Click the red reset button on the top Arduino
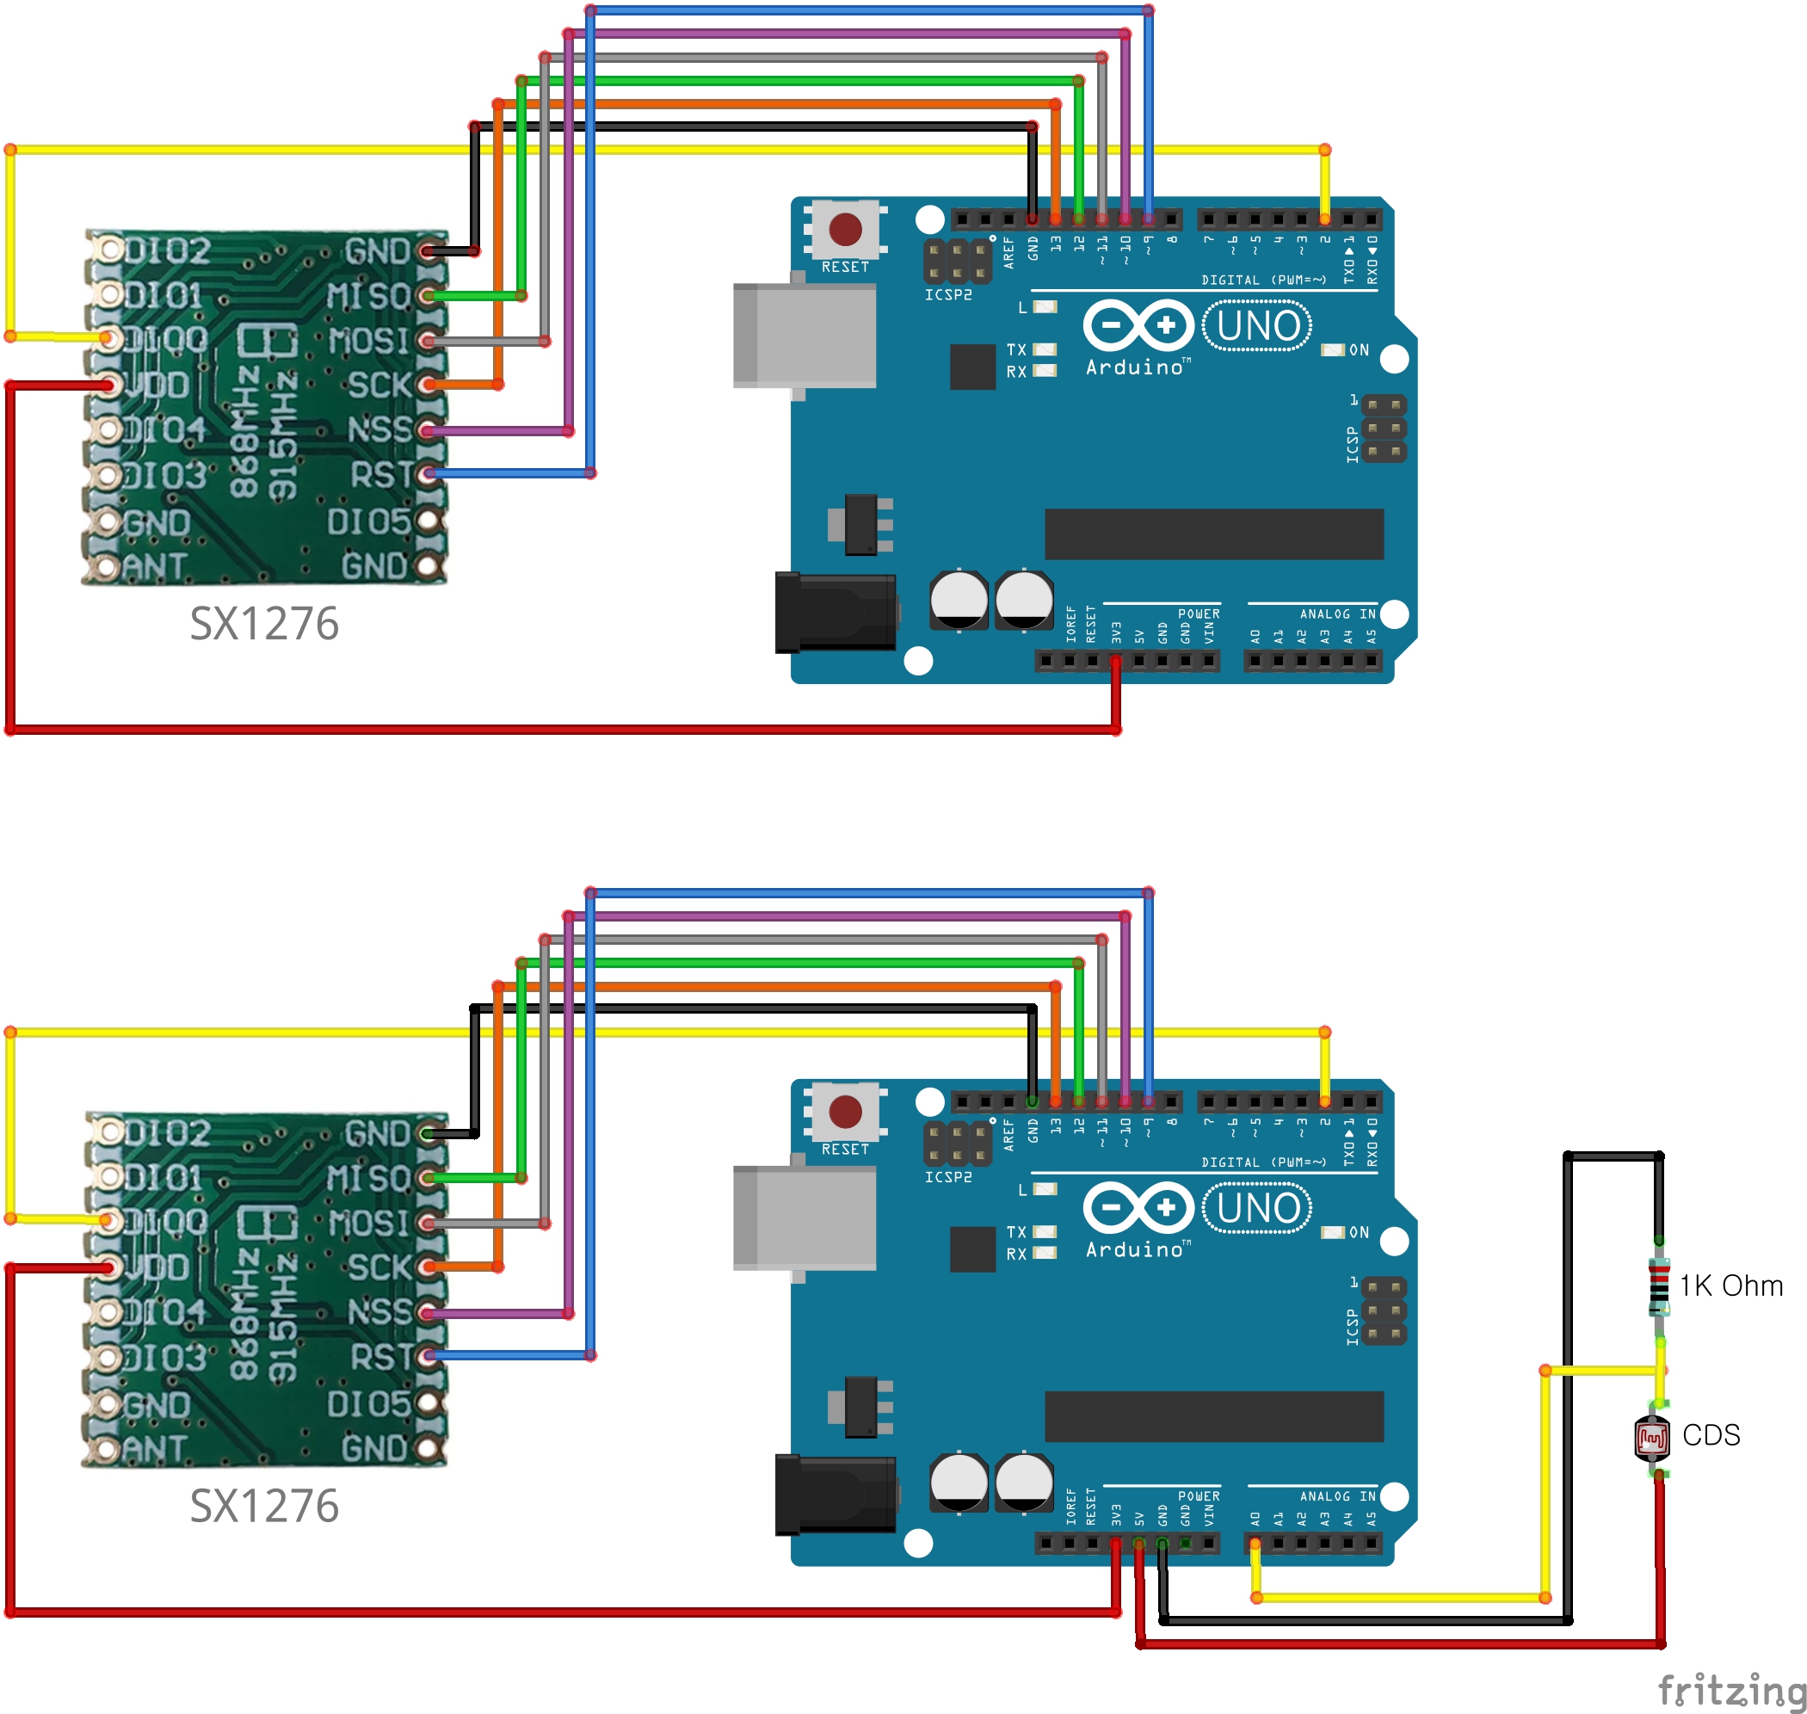[844, 230]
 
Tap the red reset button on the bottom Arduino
[844, 1112]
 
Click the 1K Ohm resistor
[1658, 1286]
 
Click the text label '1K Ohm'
[1730, 1286]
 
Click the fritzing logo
[1731, 1689]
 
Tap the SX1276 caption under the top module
[264, 624]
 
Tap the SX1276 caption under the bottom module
[264, 1507]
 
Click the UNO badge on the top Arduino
[1257, 326]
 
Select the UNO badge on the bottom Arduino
[1257, 1209]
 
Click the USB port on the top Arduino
[804, 336]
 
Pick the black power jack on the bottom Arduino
[834, 1495]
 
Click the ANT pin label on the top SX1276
[154, 567]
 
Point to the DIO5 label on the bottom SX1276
[369, 1404]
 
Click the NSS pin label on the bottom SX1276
[379, 1313]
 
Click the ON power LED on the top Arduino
[1333, 350]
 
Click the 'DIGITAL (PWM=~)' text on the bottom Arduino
[1262, 1162]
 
